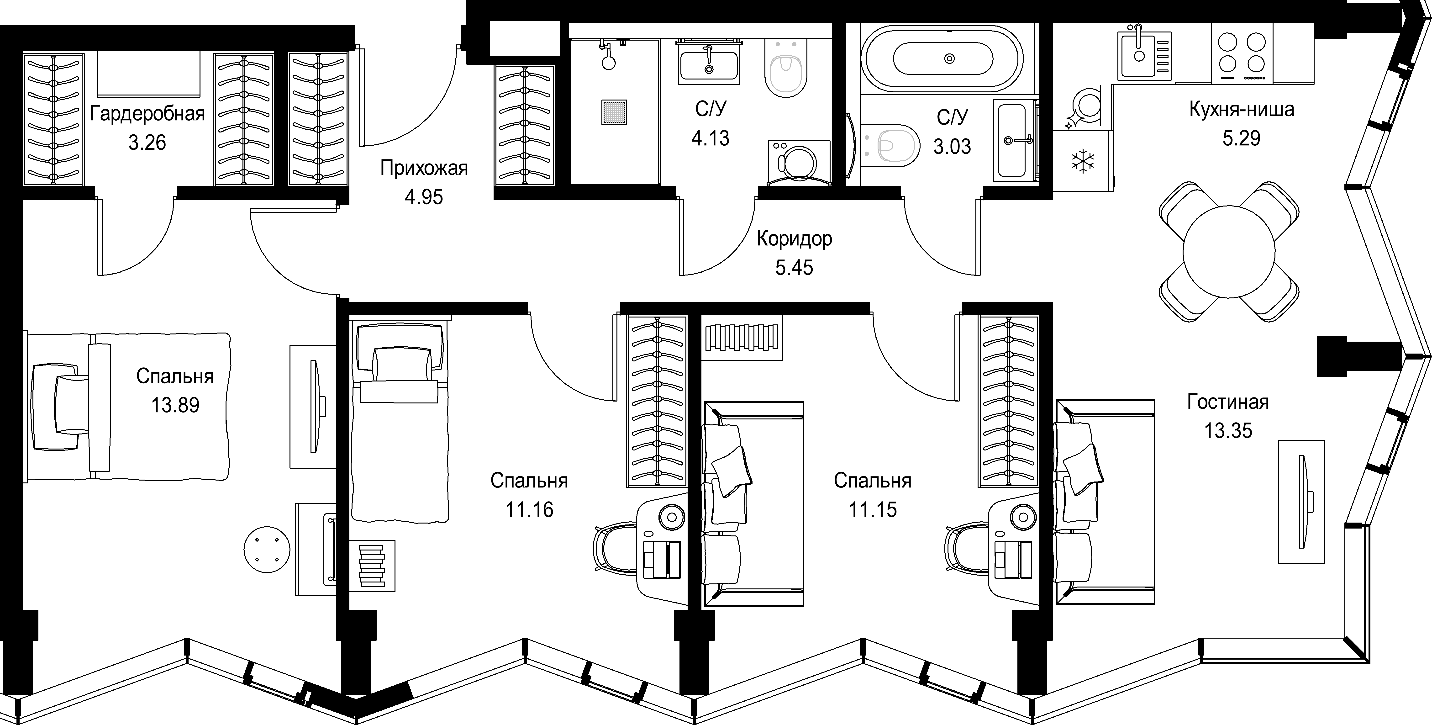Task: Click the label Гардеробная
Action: coord(147,114)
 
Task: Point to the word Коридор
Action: coord(794,239)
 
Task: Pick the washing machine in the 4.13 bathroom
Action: coord(799,162)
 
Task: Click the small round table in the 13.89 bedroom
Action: coord(267,549)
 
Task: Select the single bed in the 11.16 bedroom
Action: coord(399,423)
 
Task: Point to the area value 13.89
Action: coord(175,405)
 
